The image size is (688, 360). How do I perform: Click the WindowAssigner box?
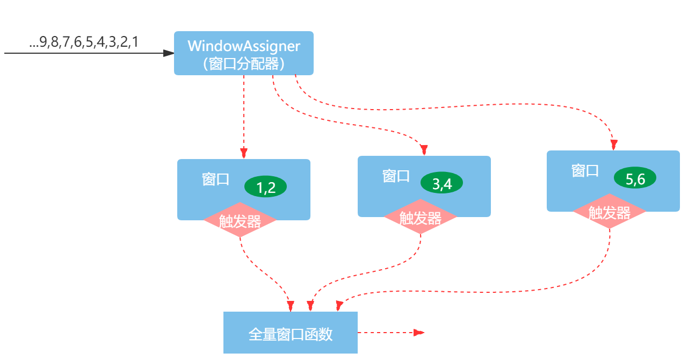point(243,53)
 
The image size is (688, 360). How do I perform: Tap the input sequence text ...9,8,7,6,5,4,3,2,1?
point(84,42)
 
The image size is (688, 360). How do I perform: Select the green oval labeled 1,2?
point(265,187)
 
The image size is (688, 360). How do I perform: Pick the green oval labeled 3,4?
point(441,183)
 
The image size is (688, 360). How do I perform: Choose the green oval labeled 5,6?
point(635,179)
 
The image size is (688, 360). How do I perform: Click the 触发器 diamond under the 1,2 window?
point(240,220)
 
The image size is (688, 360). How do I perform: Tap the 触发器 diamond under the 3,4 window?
point(420,217)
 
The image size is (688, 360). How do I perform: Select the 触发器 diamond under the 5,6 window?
point(609,212)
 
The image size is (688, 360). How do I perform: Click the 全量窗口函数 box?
point(290,333)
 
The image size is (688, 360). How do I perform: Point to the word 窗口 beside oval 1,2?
point(215,179)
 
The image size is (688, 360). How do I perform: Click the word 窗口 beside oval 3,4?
point(396,176)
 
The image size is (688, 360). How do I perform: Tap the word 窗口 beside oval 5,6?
point(585,171)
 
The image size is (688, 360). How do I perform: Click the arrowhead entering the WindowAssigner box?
point(169,53)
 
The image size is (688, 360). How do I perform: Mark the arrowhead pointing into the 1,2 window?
point(244,154)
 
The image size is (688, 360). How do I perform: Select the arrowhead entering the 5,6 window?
point(614,145)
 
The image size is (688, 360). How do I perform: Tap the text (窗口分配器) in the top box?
point(243,64)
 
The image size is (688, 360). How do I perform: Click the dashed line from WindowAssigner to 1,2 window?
point(244,113)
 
